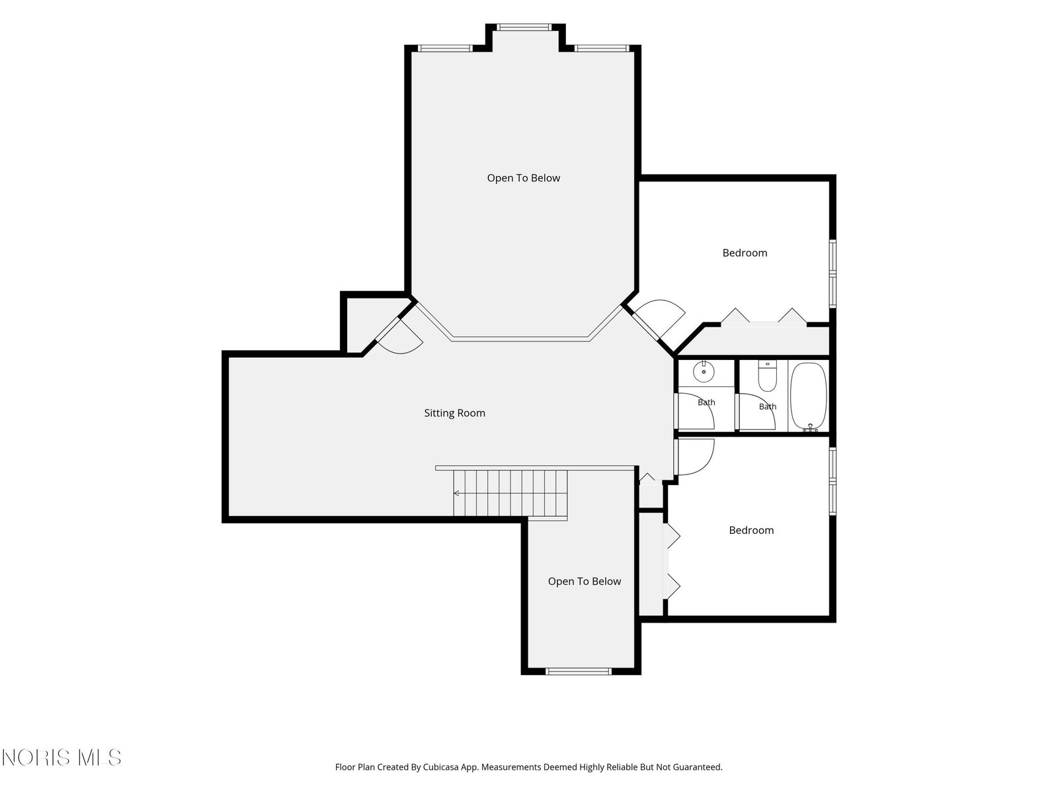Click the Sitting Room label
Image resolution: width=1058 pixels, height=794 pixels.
[454, 413]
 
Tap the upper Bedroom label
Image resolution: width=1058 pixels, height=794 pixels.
[744, 253]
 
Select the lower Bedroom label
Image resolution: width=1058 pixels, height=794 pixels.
[751, 530]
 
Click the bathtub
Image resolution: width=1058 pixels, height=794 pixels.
[808, 397]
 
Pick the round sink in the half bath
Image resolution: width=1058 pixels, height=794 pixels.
[704, 372]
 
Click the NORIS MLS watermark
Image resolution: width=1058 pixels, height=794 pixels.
[61, 758]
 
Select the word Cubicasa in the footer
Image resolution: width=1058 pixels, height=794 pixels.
[440, 767]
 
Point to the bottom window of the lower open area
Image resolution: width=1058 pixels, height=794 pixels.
[578, 671]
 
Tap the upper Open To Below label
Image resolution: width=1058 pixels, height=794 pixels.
[524, 179]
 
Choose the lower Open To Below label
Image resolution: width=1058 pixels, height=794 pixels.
[584, 582]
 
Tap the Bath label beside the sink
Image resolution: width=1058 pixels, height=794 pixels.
[706, 402]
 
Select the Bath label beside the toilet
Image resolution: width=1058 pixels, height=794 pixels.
[767, 406]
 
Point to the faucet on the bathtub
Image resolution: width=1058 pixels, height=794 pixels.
[810, 427]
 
